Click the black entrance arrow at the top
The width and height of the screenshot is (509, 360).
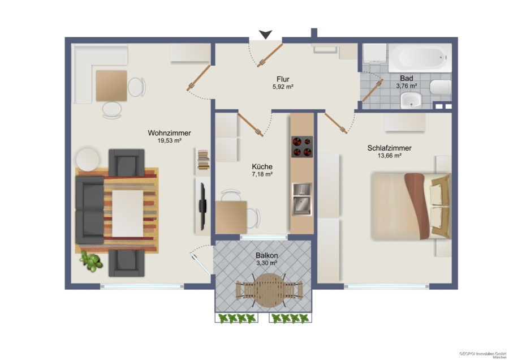coord(266,35)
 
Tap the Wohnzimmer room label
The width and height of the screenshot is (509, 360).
coord(169,133)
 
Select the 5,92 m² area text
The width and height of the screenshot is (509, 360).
coord(283,87)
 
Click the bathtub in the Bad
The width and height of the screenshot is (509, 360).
coord(420,58)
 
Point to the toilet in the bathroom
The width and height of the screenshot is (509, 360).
coord(441,87)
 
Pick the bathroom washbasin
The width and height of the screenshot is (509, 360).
coord(411,100)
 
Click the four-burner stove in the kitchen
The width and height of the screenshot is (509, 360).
coord(302,147)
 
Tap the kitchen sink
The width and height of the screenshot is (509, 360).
coord(302,199)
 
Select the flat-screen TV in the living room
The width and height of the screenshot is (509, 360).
coord(202,206)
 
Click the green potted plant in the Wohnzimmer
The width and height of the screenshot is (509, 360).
coord(92,262)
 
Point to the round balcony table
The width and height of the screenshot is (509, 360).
coord(268,290)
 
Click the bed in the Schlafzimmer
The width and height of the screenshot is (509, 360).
coord(411,206)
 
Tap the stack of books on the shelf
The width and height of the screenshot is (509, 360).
coord(204,160)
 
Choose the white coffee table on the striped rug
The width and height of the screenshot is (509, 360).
coord(128,213)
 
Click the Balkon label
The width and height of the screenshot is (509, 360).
coord(266,255)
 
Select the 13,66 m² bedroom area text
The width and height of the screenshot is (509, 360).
coord(390,156)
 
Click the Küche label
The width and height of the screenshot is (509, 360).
coord(262,166)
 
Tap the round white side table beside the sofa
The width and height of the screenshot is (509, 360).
coord(88,159)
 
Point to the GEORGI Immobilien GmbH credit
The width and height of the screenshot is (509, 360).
coord(482,354)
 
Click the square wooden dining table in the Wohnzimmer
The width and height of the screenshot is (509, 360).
coord(111,85)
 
